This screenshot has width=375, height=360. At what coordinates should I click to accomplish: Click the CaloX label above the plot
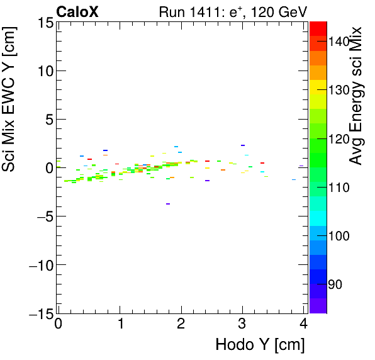77,11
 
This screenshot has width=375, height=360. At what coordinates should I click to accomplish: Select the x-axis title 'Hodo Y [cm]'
259,345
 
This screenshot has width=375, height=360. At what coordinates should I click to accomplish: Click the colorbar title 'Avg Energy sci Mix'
356,94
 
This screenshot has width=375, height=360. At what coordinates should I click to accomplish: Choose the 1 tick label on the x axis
120,325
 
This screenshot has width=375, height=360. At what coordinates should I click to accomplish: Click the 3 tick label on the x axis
242,325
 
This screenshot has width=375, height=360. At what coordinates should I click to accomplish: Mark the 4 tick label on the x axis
303,325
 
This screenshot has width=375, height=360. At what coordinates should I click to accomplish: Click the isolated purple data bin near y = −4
168,204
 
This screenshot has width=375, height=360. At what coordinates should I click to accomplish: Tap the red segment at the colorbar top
318,28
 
